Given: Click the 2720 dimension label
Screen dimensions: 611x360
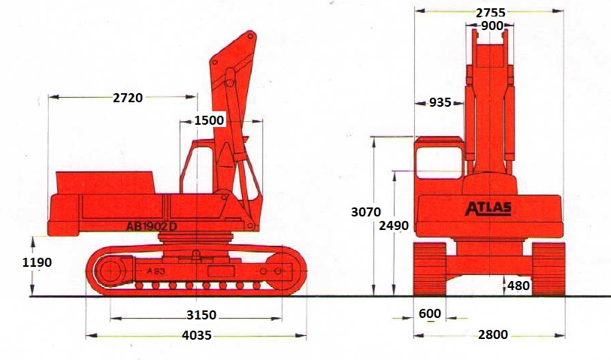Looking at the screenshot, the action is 128,98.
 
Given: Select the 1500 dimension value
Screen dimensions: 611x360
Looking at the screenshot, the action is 209,120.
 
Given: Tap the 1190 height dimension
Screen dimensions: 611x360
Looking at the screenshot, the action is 37,262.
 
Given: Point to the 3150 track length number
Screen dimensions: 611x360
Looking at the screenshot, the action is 201,314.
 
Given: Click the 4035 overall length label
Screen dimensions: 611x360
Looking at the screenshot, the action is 197,335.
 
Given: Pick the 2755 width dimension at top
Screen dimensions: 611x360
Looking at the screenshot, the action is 491,13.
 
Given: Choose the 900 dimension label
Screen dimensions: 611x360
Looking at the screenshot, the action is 492,26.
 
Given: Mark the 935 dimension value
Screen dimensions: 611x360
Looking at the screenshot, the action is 440,102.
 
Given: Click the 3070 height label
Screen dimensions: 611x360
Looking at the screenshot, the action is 366,212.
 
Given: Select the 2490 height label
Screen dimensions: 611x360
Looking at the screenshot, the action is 394,225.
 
